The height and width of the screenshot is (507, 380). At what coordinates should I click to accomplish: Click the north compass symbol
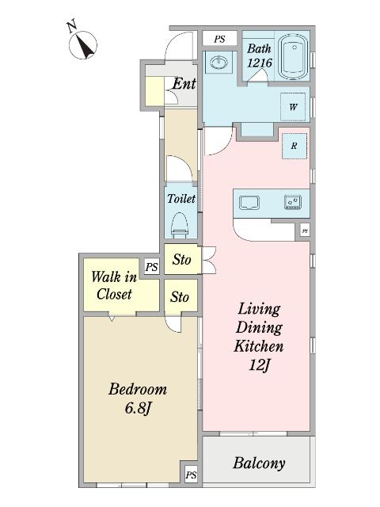pyautogui.click(x=82, y=44)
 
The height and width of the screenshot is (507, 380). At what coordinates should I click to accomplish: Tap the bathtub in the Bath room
pyautogui.click(x=294, y=57)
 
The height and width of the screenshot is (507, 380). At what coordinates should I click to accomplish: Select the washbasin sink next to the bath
pyautogui.click(x=218, y=62)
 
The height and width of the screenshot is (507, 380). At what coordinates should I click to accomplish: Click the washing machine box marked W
pyautogui.click(x=293, y=107)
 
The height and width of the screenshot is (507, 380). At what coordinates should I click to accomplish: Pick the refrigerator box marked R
pyautogui.click(x=294, y=146)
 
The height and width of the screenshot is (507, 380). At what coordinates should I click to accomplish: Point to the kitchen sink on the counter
pyautogui.click(x=249, y=203)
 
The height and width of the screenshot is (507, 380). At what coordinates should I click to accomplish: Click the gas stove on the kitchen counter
pyautogui.click(x=293, y=203)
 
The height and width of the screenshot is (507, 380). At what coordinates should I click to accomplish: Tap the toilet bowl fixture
pyautogui.click(x=180, y=225)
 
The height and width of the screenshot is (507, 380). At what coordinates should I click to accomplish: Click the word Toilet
pyautogui.click(x=181, y=198)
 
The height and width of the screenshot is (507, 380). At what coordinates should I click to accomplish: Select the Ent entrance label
pyautogui.click(x=184, y=84)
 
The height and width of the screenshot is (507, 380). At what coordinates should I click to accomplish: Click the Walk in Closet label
pyautogui.click(x=114, y=285)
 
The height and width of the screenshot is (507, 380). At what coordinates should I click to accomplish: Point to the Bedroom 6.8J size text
pyautogui.click(x=138, y=398)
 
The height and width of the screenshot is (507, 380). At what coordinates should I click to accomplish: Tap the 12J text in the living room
pyautogui.click(x=259, y=365)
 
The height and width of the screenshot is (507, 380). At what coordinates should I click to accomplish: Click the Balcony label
pyautogui.click(x=259, y=463)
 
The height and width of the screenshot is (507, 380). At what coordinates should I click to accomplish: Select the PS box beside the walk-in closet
pyautogui.click(x=151, y=267)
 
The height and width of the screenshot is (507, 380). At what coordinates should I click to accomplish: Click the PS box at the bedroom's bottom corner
pyautogui.click(x=191, y=475)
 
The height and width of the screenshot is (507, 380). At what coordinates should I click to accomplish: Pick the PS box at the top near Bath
pyautogui.click(x=219, y=39)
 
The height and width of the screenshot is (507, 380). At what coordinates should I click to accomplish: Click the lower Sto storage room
pyautogui.click(x=180, y=296)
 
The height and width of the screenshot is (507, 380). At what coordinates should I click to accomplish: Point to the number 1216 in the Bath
pyautogui.click(x=260, y=63)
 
